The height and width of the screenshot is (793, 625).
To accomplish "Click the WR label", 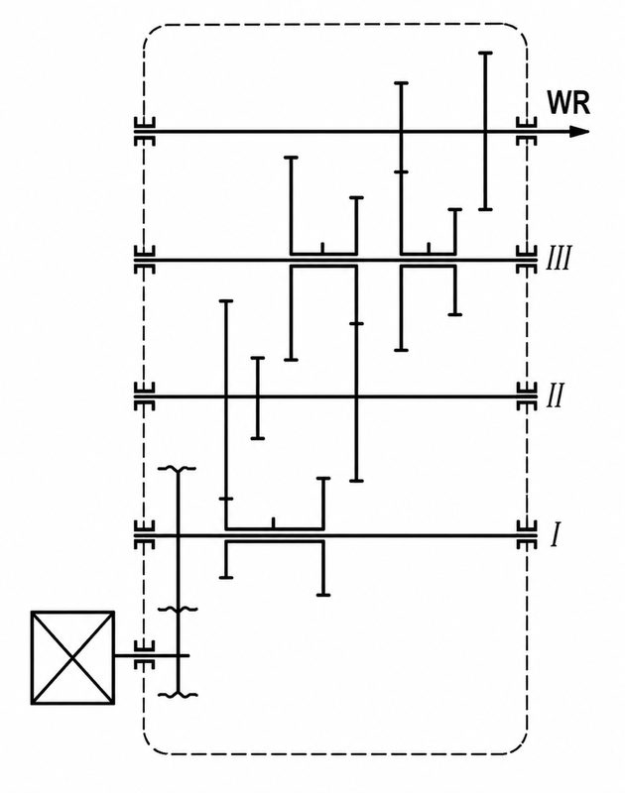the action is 568,103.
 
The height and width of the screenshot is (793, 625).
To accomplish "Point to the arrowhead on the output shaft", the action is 579,132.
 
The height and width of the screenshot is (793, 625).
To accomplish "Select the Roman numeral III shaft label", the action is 559,259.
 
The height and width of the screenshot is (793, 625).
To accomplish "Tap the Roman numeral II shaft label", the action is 556,395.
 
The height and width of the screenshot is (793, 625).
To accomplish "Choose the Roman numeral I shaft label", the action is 556,535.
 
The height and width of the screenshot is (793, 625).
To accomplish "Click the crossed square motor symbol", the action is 72,657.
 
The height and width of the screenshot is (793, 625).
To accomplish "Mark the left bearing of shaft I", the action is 144,534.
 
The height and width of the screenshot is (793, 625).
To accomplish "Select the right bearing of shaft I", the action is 527,534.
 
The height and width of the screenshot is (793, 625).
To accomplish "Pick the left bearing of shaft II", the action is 144,396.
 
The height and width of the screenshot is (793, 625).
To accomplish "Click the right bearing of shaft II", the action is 527,396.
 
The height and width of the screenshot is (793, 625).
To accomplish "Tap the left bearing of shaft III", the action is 144,260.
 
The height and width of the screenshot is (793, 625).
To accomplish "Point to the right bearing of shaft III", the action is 527,260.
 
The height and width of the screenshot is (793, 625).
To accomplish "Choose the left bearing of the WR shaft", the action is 144,132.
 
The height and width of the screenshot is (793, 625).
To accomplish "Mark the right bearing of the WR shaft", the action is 527,132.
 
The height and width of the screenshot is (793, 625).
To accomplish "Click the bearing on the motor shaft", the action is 144,655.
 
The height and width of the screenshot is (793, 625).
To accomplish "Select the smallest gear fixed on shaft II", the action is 258,397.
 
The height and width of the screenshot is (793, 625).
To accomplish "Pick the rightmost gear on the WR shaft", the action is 485,131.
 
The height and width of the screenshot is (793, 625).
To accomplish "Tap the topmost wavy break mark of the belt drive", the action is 178,469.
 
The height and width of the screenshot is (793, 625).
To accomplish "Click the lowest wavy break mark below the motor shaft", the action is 178,695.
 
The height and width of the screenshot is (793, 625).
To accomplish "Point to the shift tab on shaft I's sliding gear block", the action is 273,523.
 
